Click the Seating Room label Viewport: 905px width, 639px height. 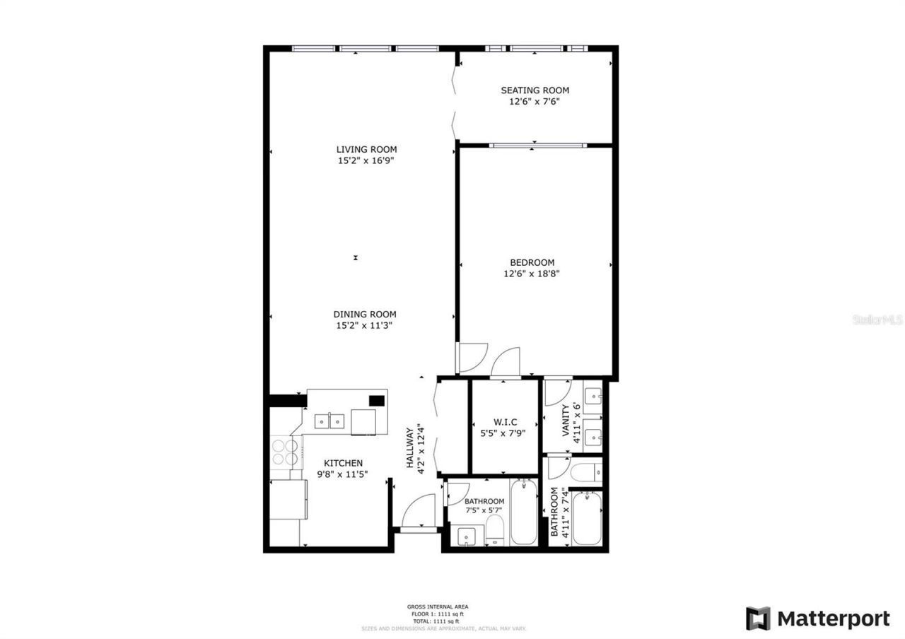pos(535,90)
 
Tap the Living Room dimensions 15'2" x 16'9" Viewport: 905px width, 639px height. pos(366,160)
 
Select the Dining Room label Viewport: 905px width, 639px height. pos(365,315)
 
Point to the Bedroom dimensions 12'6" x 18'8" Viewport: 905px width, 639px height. pos(532,274)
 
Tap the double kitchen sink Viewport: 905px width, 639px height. pos(329,421)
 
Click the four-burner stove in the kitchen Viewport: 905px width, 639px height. pos(285,452)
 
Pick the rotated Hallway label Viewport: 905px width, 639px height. pos(410,448)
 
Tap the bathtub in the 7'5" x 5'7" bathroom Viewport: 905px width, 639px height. pos(523,512)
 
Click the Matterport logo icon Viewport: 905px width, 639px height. pos(759,619)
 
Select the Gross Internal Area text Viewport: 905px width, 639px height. pos(437,606)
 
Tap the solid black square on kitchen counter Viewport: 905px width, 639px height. pos(377,401)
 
